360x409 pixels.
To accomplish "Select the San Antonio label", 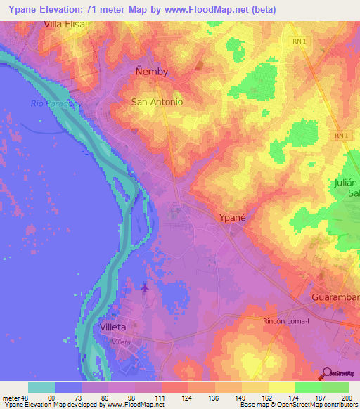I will coord(157,102).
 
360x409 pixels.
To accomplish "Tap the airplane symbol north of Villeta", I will coord(145,287).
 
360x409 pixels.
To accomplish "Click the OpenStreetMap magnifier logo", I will coord(327,374).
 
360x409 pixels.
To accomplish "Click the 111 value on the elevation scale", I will coord(161,398).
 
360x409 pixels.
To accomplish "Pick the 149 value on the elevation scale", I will coord(241,398).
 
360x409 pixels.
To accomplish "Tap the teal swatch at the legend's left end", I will coord(41,387).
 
